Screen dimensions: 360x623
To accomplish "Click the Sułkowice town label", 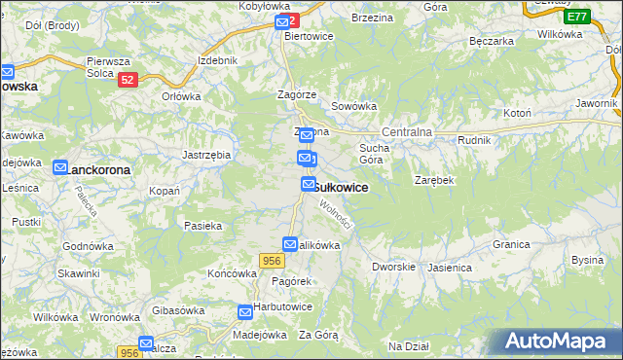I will [x=340, y=188].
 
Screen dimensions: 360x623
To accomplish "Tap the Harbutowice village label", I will [x=283, y=306].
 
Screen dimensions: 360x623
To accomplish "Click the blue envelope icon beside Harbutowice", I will [x=246, y=312].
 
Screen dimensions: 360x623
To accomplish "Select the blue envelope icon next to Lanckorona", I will [x=60, y=168].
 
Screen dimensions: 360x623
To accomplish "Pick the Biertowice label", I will [x=310, y=36].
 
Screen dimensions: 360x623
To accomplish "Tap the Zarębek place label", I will [x=434, y=181].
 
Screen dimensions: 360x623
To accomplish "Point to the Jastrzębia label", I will [x=206, y=155].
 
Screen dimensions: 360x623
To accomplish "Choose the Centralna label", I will [x=407, y=131].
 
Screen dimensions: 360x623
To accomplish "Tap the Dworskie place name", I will [x=394, y=266].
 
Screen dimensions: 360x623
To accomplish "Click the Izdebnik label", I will [x=217, y=60].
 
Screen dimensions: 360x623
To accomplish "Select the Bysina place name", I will [x=588, y=260].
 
